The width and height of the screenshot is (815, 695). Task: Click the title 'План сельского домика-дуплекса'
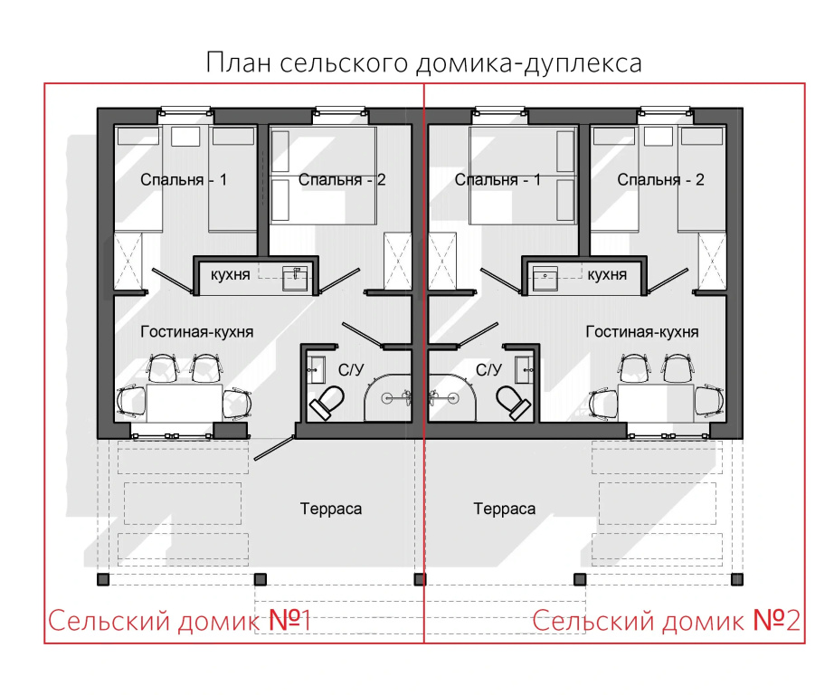click(423, 63)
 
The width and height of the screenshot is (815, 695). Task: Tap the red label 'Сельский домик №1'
click(180, 620)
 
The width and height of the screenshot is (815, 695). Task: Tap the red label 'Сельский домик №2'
click(667, 620)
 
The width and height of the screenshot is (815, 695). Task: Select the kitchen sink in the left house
click(295, 279)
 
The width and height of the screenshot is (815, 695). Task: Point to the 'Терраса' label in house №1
click(330, 509)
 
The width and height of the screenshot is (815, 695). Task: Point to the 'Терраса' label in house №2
click(504, 509)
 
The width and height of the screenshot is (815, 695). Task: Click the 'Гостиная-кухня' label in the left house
click(197, 331)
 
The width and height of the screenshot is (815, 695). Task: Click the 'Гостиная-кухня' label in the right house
click(642, 331)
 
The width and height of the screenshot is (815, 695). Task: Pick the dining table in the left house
click(185, 404)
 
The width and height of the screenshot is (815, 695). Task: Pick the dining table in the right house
click(656, 404)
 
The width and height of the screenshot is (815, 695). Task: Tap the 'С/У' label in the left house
click(351, 370)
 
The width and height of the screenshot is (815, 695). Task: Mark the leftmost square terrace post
click(103, 579)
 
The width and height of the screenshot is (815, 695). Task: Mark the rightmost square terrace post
click(737, 579)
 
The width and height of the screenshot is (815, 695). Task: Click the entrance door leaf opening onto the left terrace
click(274, 448)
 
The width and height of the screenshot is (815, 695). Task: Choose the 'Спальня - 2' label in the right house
click(660, 180)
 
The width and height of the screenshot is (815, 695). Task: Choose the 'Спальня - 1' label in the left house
click(184, 180)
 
